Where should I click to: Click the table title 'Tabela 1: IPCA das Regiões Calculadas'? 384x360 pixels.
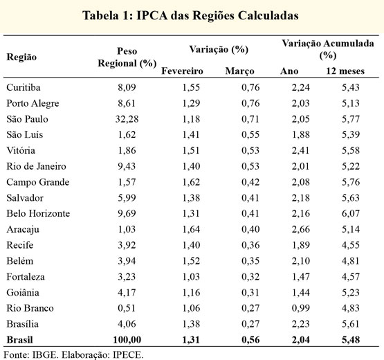pyautogui.click(x=190, y=16)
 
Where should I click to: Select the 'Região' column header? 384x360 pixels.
pyautogui.click(x=21, y=57)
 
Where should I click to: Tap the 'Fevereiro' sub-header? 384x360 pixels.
pyautogui.click(x=182, y=71)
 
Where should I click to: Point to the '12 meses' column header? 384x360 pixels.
pyautogui.click(x=345, y=71)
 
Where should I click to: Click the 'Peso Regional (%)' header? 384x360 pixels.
pyautogui.click(x=127, y=57)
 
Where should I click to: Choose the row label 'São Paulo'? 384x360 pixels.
pyautogui.click(x=27, y=119)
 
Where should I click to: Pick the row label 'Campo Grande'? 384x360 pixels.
pyautogui.click(x=38, y=182)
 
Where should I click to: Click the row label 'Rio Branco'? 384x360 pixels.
pyautogui.click(x=30, y=308)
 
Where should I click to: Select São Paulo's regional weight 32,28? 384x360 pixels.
pyautogui.click(x=127, y=119)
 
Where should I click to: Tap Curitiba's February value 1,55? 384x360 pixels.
pyautogui.click(x=191, y=87)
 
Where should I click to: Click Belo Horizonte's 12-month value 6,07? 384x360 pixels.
pyautogui.click(x=351, y=213)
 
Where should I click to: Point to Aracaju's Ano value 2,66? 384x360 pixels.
pyautogui.click(x=300, y=229)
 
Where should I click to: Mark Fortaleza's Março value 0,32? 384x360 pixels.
pyautogui.click(x=250, y=276)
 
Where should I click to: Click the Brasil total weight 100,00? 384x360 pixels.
pyautogui.click(x=127, y=340)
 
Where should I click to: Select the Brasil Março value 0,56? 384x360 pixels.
pyautogui.click(x=250, y=340)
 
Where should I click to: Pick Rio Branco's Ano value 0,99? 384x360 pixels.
pyautogui.click(x=301, y=308)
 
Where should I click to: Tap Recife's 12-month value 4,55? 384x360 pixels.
pyautogui.click(x=351, y=245)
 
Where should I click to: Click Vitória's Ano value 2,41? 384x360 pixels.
pyautogui.click(x=300, y=150)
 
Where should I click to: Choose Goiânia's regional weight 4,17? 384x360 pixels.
pyautogui.click(x=127, y=292)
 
